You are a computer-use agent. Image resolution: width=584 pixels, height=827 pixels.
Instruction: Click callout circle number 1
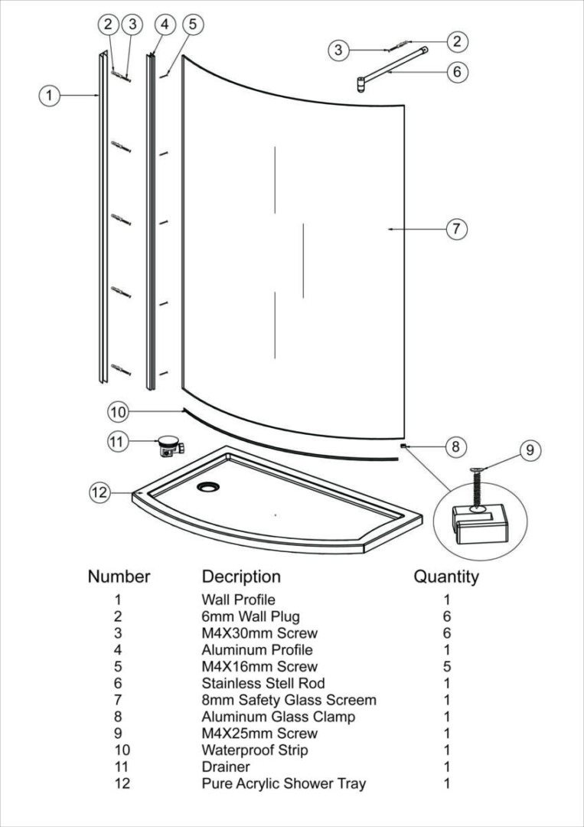tap(49, 95)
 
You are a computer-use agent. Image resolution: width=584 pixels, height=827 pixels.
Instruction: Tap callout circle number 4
tap(165, 24)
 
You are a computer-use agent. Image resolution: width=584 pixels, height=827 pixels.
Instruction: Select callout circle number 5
tap(192, 24)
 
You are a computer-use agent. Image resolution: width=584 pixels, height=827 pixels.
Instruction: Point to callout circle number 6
tap(457, 72)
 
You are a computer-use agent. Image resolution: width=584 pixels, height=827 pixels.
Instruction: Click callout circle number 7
tap(457, 228)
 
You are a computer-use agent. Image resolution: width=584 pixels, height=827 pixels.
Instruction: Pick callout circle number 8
tap(456, 446)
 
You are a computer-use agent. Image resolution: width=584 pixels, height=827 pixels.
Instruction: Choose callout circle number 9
tap(530, 450)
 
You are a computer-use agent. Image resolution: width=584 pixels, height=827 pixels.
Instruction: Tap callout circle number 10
tap(117, 412)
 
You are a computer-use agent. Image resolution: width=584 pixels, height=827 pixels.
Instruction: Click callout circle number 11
tap(117, 442)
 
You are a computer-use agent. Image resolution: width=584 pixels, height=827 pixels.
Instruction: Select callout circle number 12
tap(100, 492)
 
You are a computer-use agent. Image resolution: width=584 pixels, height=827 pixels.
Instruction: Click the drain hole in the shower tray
tap(207, 486)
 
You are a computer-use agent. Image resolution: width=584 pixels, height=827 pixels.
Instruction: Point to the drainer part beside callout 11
tap(167, 445)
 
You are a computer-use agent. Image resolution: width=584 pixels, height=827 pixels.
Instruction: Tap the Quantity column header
tap(446, 576)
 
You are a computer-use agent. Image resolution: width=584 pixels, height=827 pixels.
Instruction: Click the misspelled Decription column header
tap(241, 576)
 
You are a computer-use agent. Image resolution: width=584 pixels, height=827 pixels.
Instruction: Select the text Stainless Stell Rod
tap(263, 683)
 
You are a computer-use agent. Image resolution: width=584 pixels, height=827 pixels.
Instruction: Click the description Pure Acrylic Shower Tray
tap(284, 783)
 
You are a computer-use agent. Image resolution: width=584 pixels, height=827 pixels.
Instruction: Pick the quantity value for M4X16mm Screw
tap(446, 666)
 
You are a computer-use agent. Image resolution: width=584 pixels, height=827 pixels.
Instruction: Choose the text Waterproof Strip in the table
tap(255, 750)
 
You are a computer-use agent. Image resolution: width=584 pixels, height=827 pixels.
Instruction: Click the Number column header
tap(119, 576)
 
